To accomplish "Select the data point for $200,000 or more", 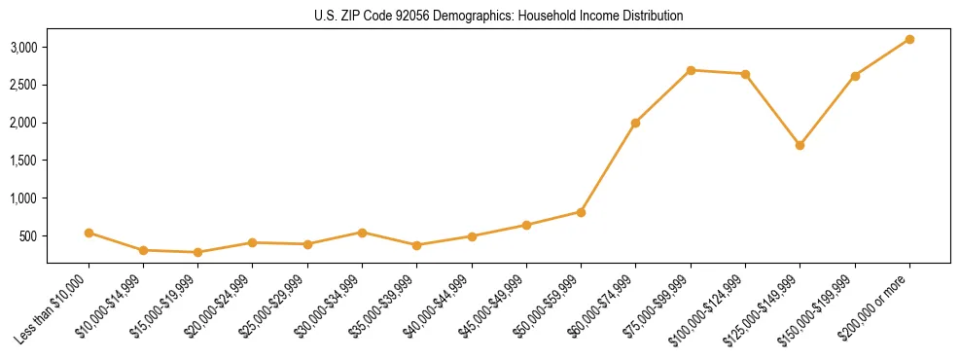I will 909,39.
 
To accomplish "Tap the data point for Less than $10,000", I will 89,233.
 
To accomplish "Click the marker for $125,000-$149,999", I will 800,145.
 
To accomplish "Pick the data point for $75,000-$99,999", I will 691,70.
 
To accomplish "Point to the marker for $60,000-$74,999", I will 635,123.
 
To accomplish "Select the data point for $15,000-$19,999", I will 198,252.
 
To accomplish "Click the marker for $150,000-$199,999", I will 855,76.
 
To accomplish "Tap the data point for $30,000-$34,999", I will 362,233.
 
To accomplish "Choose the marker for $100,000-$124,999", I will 745,74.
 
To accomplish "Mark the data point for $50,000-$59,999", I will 581,212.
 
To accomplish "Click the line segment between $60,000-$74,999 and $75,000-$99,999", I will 662,96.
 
